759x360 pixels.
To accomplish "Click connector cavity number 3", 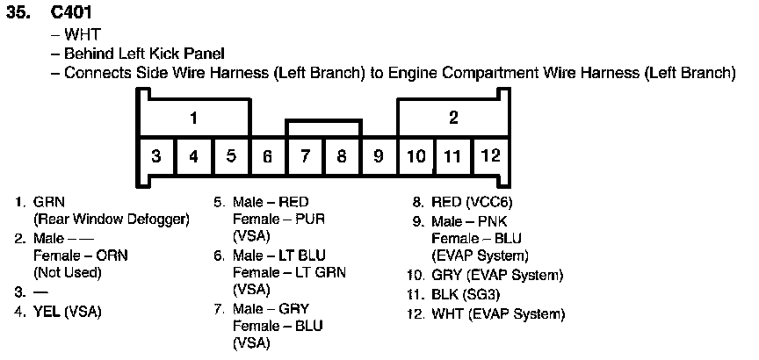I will [155, 157].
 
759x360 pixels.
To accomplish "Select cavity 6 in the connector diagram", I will [267, 157].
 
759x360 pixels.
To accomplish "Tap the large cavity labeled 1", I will [192, 119].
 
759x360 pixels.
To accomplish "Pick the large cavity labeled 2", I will [453, 119].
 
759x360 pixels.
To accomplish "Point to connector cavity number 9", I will [379, 157].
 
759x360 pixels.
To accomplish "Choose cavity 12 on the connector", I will [490, 156].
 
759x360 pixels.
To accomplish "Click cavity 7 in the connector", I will [305, 157].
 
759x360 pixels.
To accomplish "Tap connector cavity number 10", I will [416, 157].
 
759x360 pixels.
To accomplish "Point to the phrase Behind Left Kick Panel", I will [144, 54].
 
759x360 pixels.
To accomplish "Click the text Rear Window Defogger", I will [111, 219].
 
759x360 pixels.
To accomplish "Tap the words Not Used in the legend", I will [67, 272].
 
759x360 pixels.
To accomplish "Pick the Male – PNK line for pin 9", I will [469, 220].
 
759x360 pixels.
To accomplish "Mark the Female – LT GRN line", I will [289, 272].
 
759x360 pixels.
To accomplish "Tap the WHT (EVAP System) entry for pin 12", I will [498, 313].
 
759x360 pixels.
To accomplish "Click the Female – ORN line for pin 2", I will [74, 256].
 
